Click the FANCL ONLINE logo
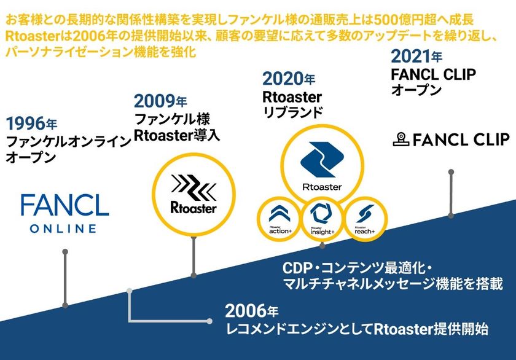[64, 212]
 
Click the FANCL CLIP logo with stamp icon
[451, 139]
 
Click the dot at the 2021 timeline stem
[451, 215]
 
